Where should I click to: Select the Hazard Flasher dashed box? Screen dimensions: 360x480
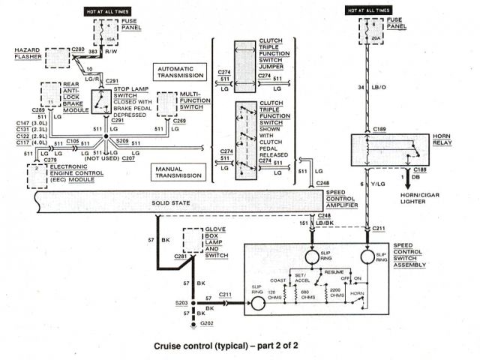point(58,58)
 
